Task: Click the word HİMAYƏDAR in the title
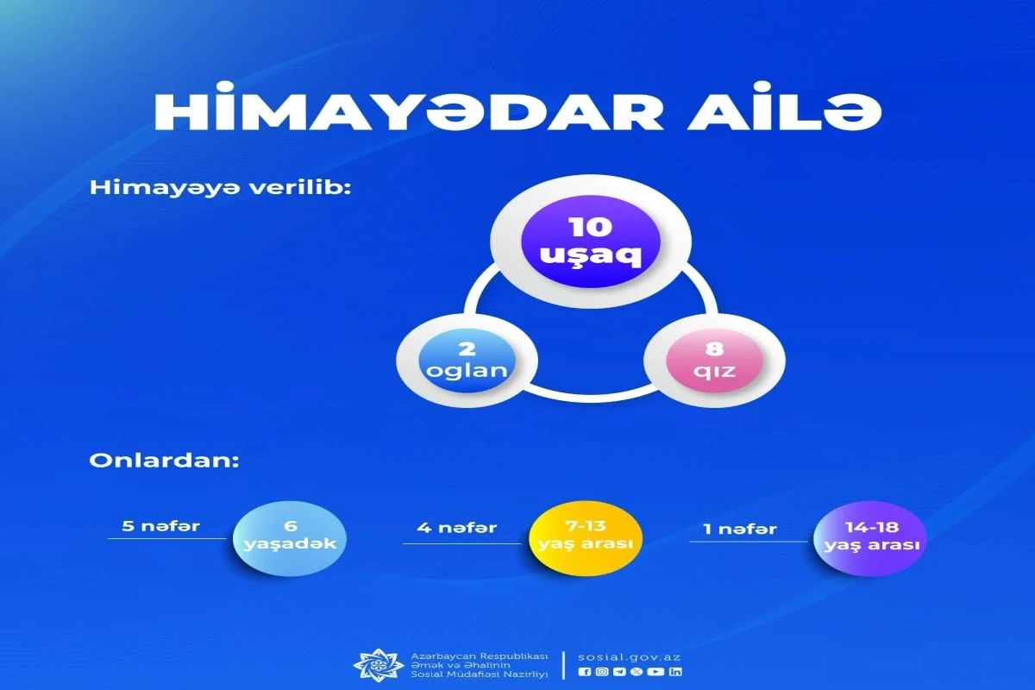pos(410,112)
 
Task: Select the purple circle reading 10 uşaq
pos(591,241)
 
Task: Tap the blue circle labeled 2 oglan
pos(467,361)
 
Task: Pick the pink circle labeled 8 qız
pos(714,361)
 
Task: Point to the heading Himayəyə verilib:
pos(221,189)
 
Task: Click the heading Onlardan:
pos(164,461)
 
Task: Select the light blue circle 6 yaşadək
pos(290,538)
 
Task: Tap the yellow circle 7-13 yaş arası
pos(586,538)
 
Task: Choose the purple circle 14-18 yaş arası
pos(870,538)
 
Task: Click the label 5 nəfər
pos(160,526)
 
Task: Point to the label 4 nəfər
pos(457,527)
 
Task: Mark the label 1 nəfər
pos(740,529)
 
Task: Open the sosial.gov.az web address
pos(630,657)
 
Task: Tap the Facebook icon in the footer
pos(585,672)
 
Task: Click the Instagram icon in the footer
pos(602,672)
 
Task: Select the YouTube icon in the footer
pos(655,672)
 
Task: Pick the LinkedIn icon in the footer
pos(675,672)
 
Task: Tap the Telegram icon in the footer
pos(619,672)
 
